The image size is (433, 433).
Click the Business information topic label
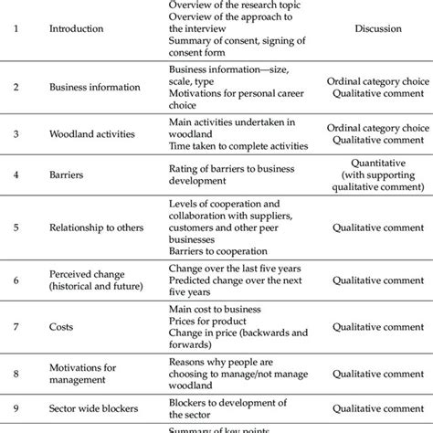94,88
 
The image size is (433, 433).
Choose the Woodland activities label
91,133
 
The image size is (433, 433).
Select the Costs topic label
62,326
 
